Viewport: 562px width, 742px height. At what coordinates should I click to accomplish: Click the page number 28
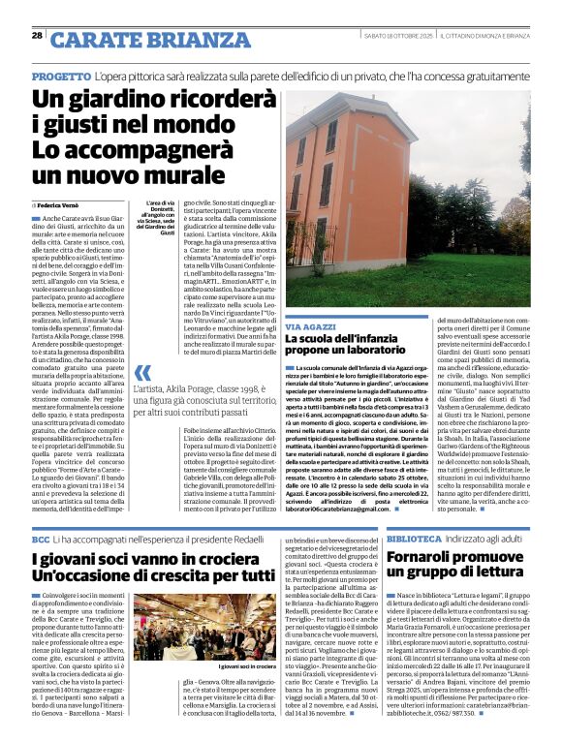[x=37, y=36]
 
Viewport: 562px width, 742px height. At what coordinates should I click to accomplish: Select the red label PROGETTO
[x=61, y=75]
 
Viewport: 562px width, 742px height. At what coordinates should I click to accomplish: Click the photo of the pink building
[x=407, y=194]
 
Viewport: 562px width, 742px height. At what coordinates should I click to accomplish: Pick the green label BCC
[x=41, y=538]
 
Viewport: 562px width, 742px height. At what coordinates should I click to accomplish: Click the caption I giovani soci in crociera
[x=221, y=667]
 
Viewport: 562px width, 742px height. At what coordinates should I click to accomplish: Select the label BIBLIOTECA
[x=417, y=538]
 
